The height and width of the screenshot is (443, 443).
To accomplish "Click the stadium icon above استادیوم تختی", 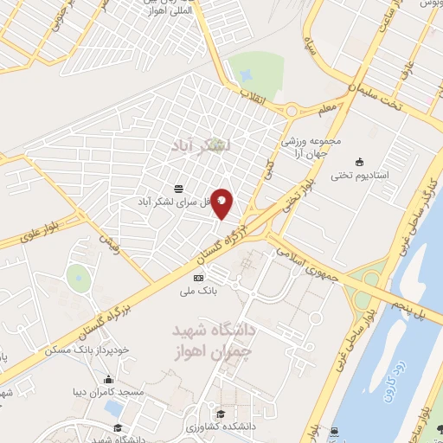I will click(361, 161).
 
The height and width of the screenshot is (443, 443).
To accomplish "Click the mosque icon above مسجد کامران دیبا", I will click(108, 379).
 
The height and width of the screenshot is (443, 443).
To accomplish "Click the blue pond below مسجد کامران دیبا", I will click(112, 406).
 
